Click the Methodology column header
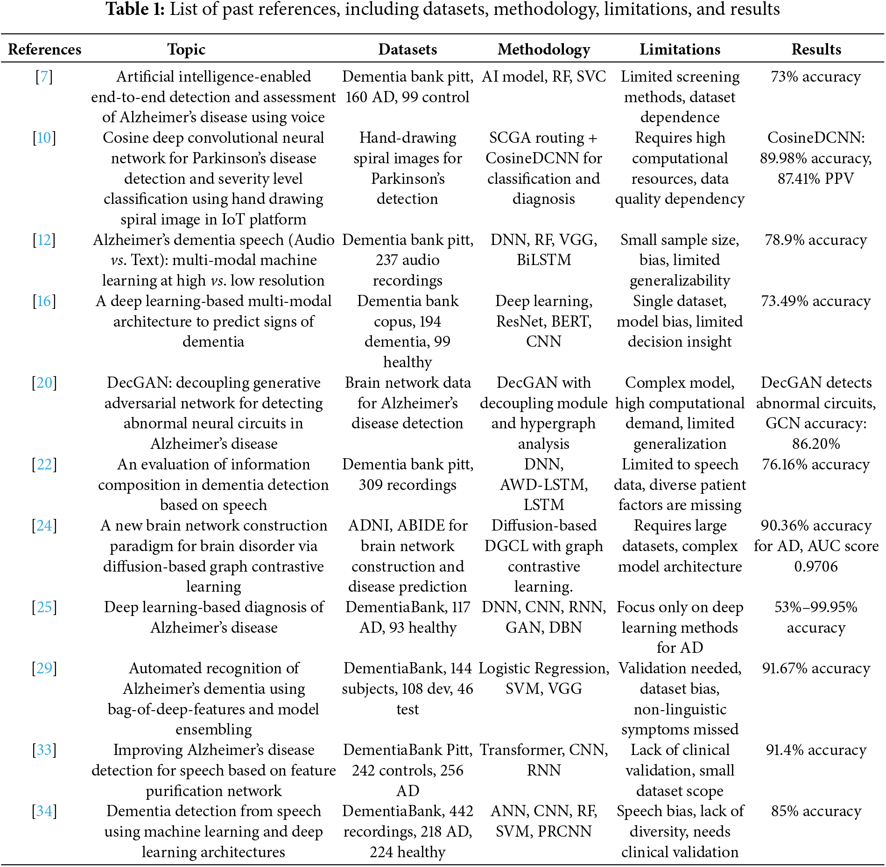click(x=543, y=49)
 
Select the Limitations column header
click(x=680, y=49)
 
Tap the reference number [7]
click(x=44, y=77)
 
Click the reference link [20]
click(x=44, y=383)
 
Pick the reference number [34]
click(x=44, y=811)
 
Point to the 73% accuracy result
click(x=816, y=77)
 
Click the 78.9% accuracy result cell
click(x=816, y=240)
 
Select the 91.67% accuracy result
click(x=816, y=668)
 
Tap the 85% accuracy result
click(x=816, y=811)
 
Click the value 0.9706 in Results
click(x=816, y=566)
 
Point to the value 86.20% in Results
click(x=816, y=444)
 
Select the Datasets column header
click(x=408, y=49)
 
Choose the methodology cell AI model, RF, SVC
click(x=543, y=77)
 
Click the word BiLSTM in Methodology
click(x=543, y=260)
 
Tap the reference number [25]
click(x=44, y=607)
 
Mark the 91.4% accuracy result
click(x=816, y=750)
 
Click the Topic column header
click(x=186, y=49)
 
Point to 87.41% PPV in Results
click(x=816, y=179)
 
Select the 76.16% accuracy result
click(x=816, y=464)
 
